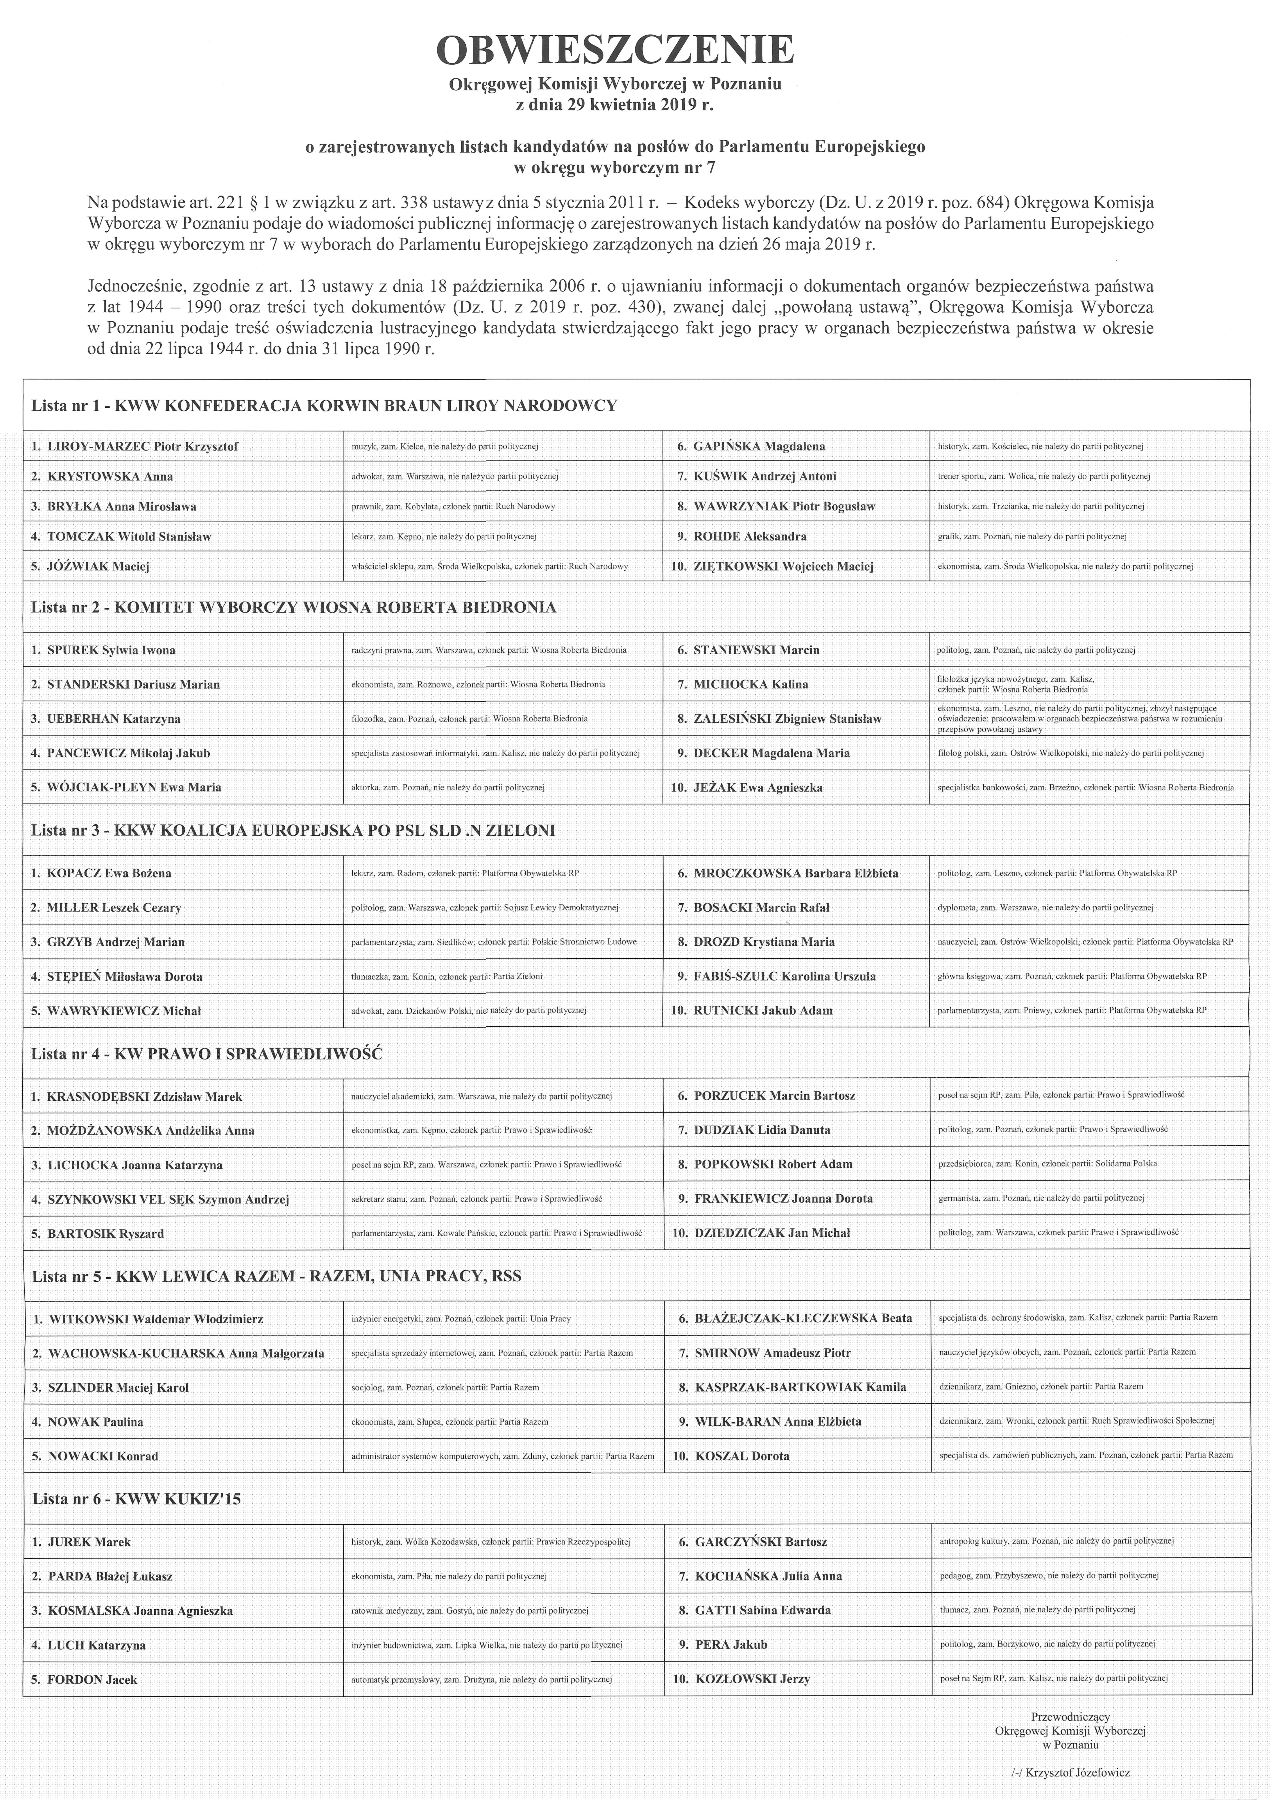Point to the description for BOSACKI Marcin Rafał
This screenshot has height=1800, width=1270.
[x=1045, y=908]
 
